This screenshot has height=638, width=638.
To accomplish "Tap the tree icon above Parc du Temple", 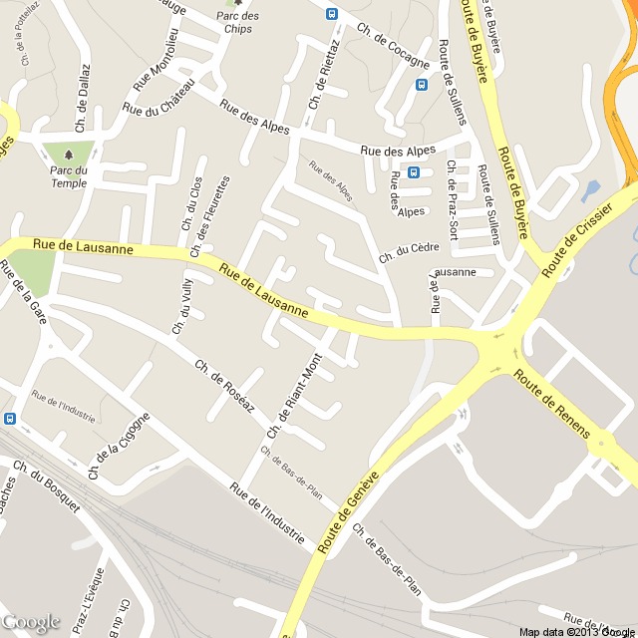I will (x=68, y=155).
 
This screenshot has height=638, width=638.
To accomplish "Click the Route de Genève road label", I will (x=349, y=512).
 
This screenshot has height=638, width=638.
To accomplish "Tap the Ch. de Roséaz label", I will (x=225, y=387).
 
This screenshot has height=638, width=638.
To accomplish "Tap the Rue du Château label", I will (x=156, y=108).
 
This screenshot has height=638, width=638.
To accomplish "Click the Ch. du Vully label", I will (x=180, y=304).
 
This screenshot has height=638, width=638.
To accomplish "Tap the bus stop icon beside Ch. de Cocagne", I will (x=332, y=14).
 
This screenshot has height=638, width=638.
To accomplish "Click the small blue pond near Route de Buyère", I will (x=589, y=189).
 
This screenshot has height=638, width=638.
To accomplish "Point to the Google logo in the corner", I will (x=31, y=622).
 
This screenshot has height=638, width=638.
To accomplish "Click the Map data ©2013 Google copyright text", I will (x=575, y=631).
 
